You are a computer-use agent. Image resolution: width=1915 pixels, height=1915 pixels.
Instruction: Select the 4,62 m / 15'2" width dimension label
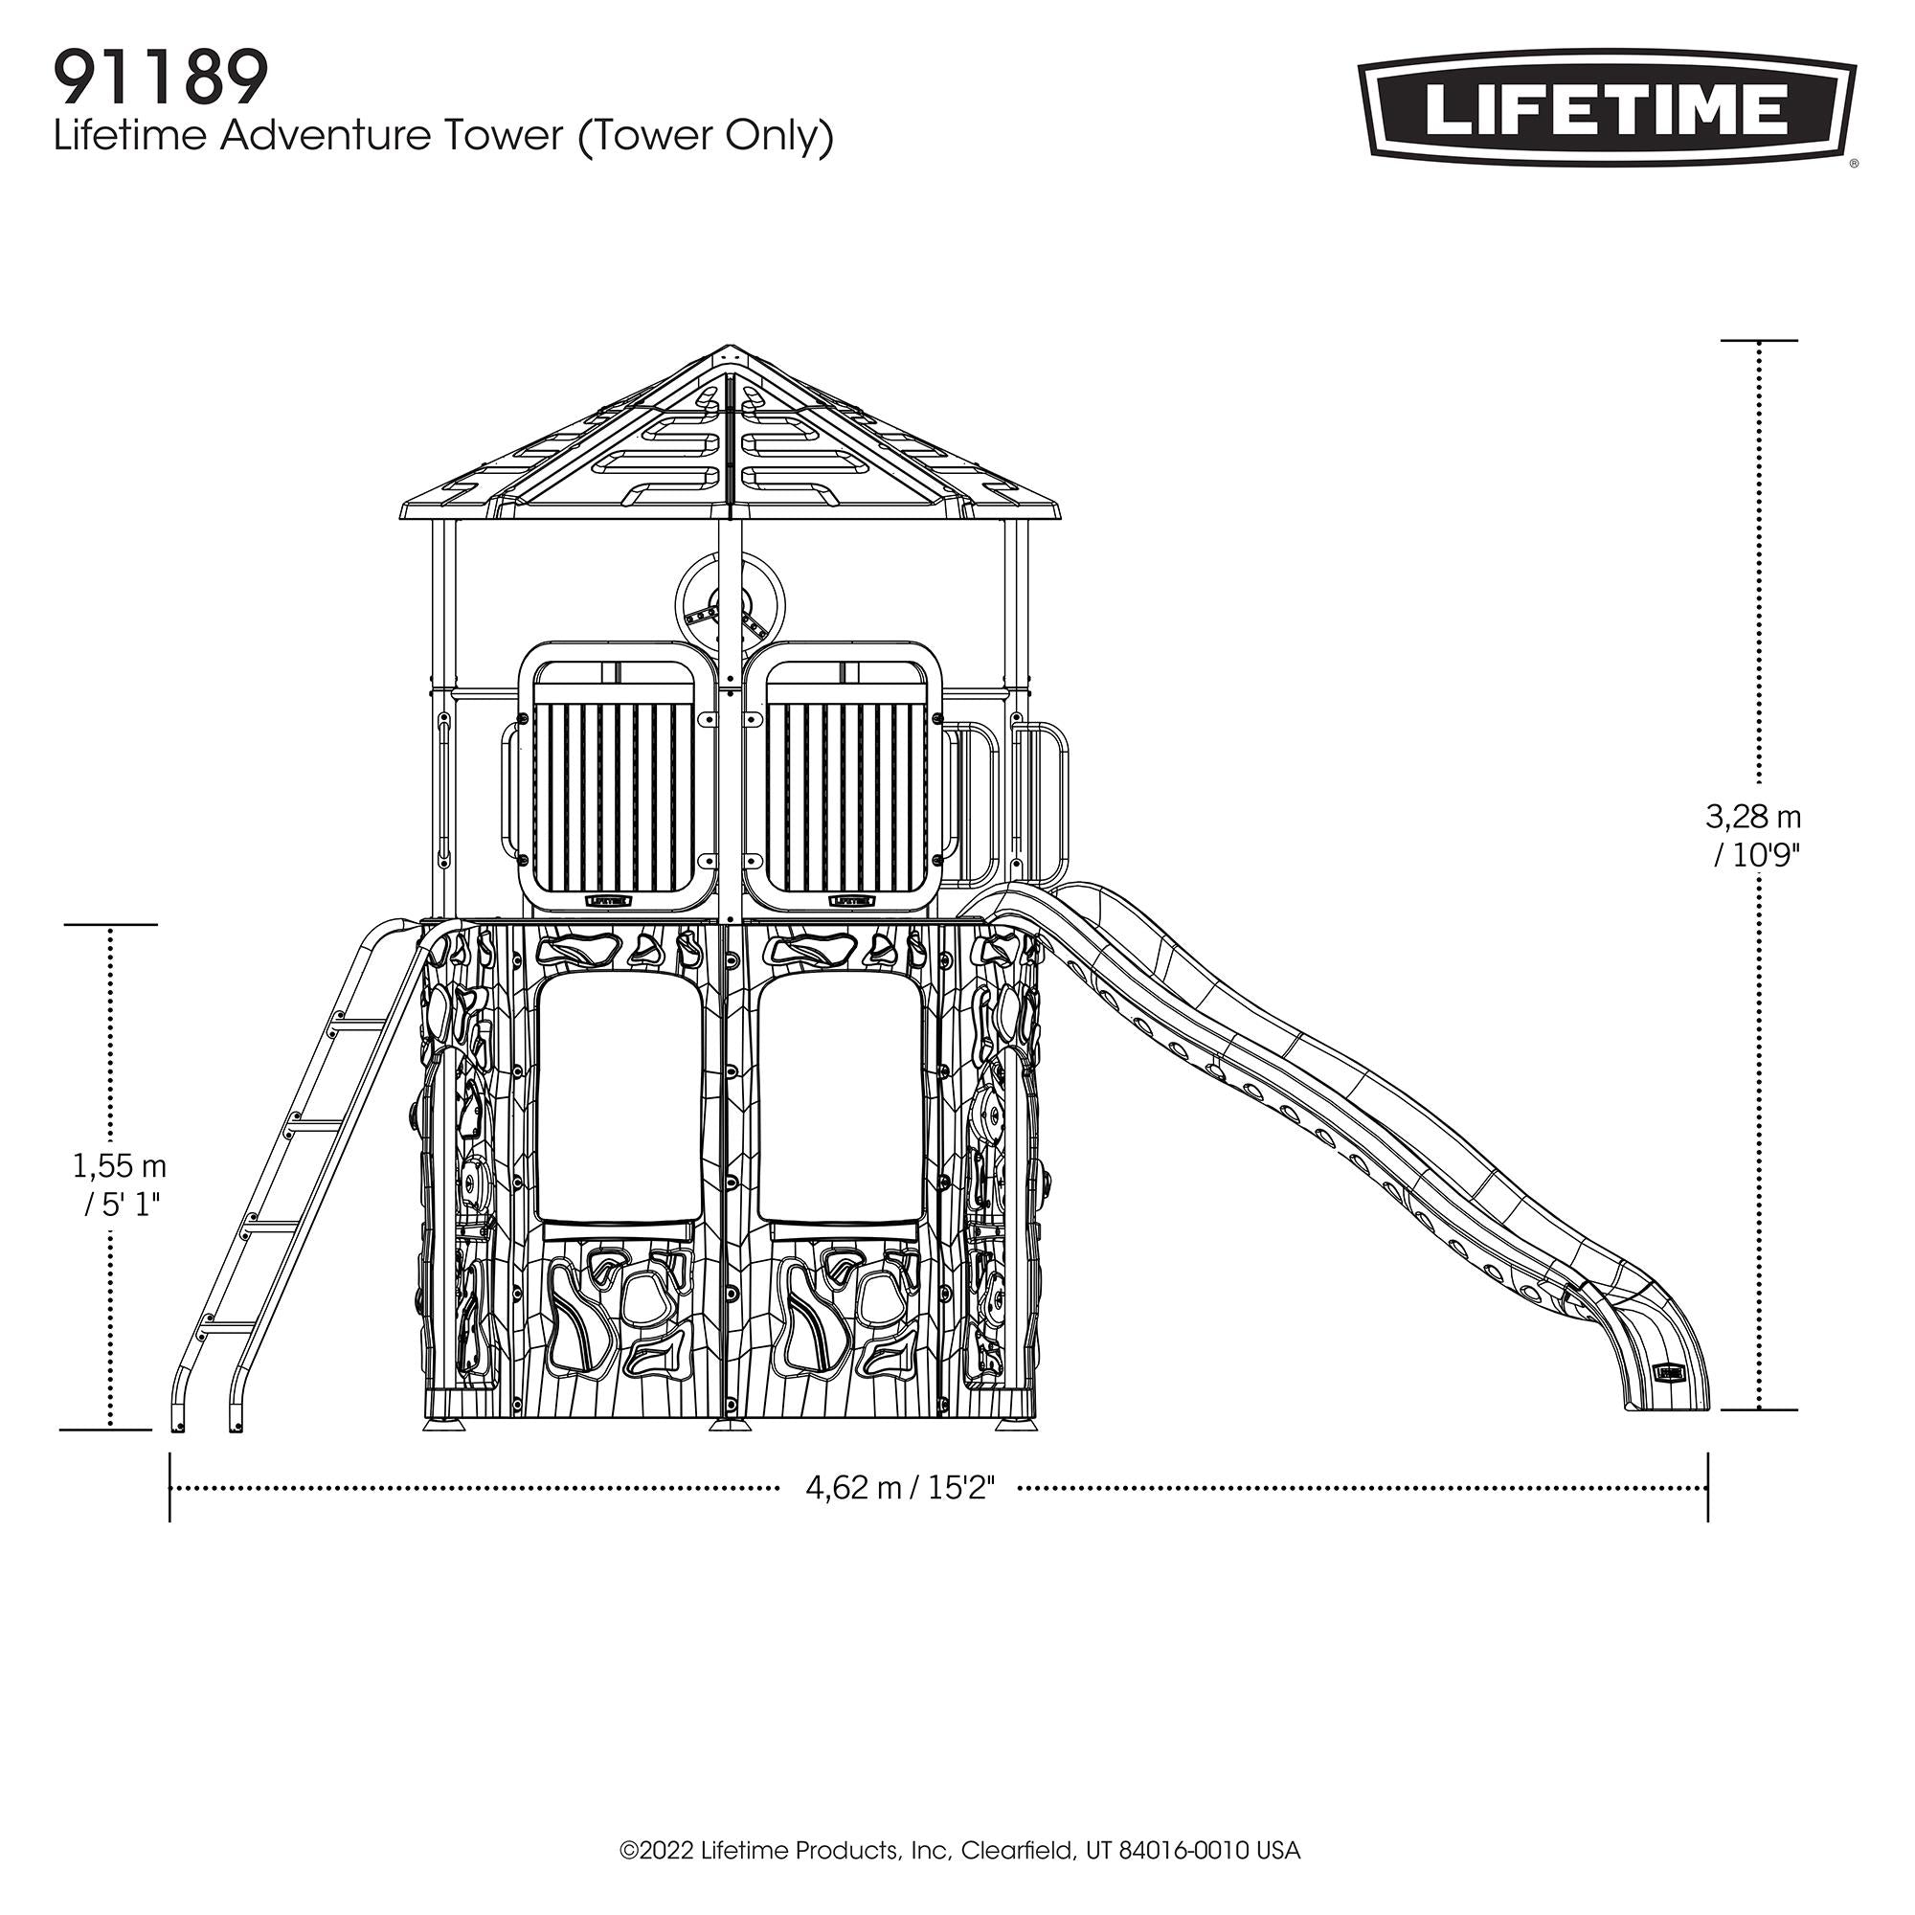899,1516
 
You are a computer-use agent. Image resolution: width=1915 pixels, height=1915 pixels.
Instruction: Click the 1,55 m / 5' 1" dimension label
118,1184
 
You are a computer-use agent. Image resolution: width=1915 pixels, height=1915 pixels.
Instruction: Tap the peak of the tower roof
731,349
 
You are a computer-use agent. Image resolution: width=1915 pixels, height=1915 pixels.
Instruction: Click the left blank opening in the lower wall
620,1098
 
